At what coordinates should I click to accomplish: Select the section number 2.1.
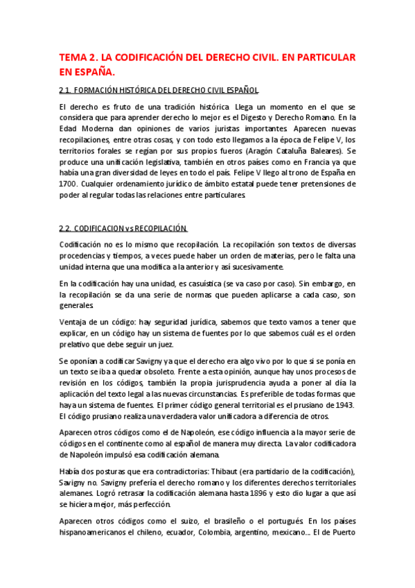pyautogui.click(x=67, y=90)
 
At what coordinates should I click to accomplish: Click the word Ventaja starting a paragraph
pyautogui.click(x=73, y=321)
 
